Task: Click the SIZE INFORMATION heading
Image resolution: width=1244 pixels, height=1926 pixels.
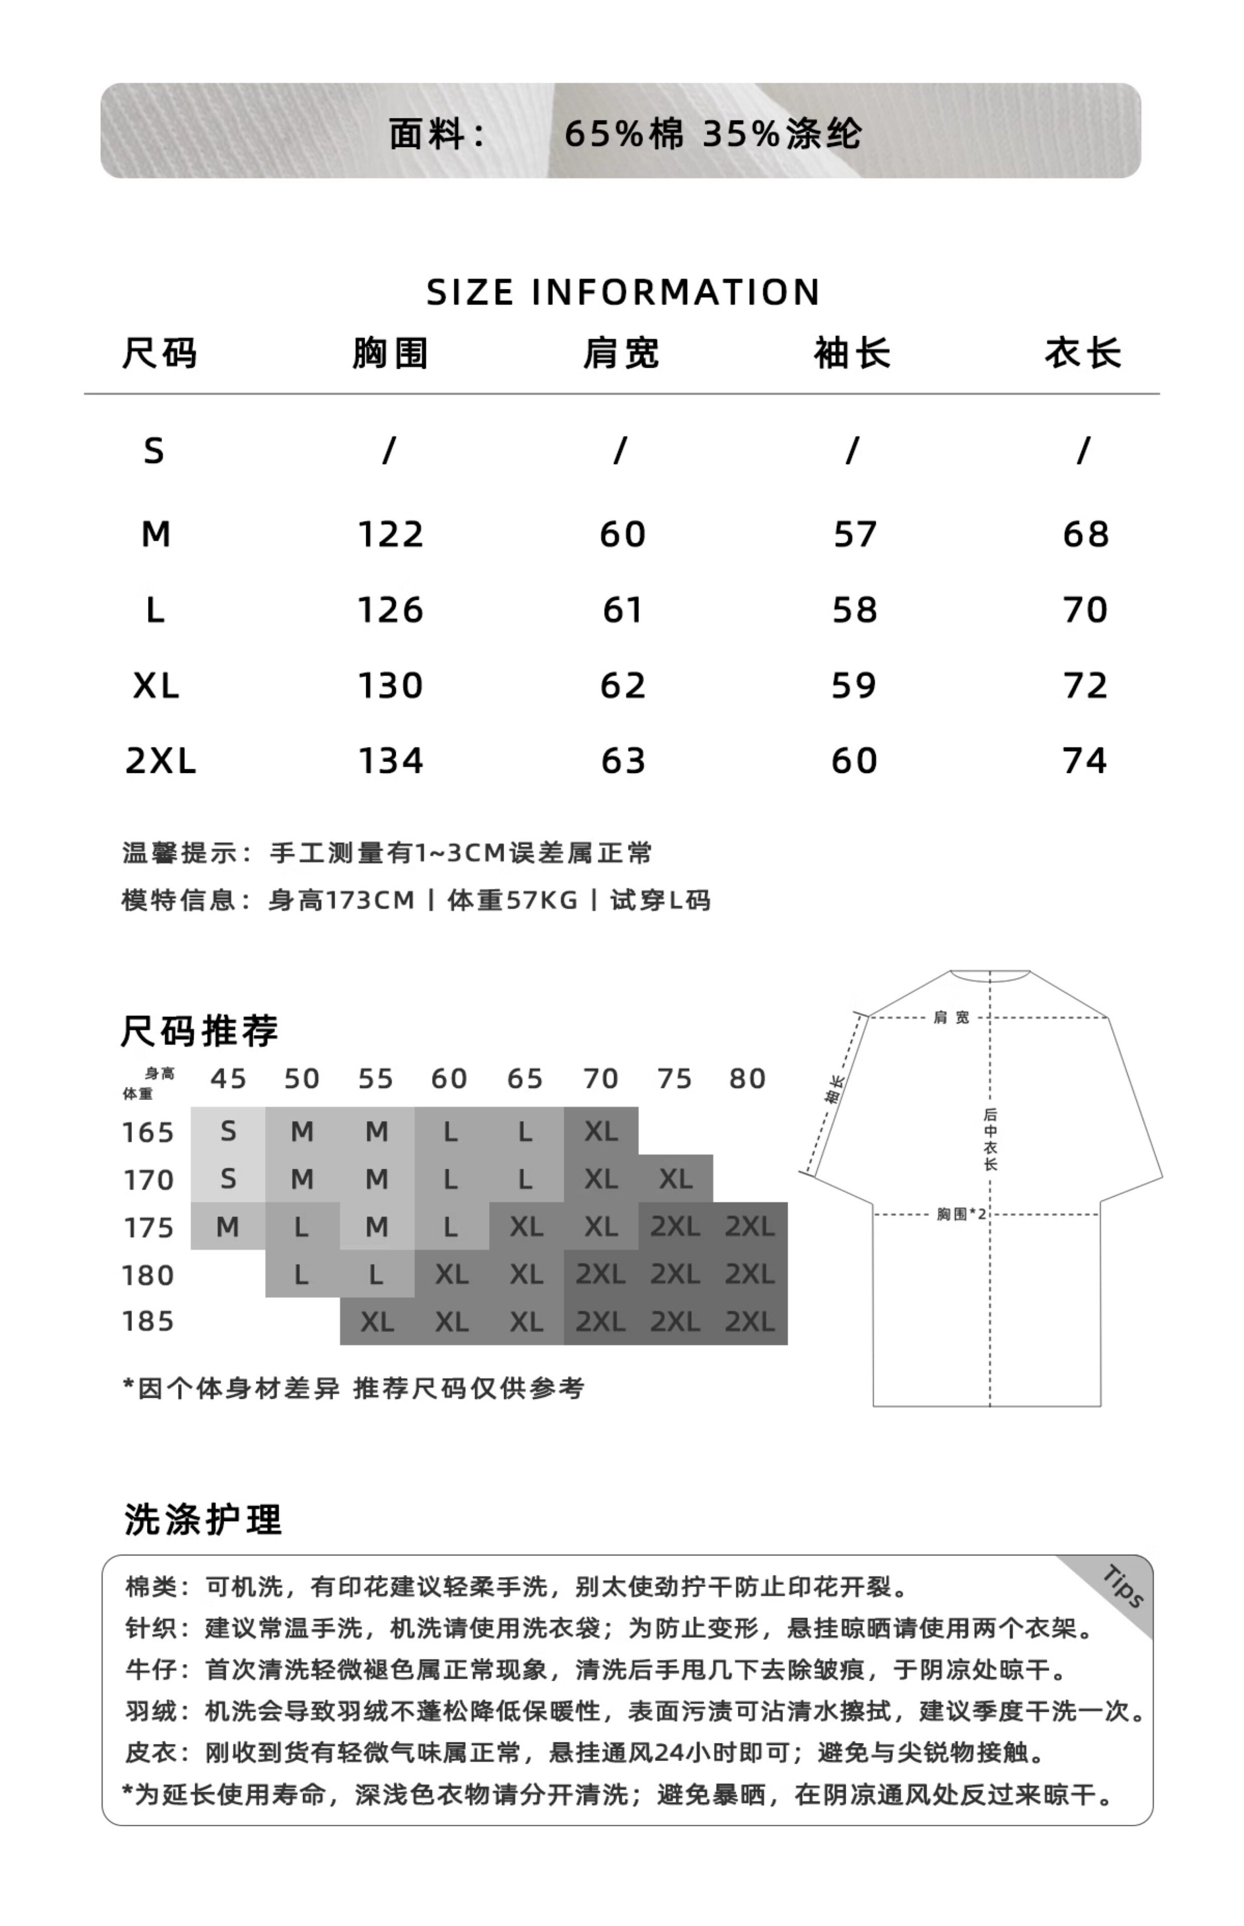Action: click(622, 292)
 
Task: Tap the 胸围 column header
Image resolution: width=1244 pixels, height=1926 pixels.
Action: click(390, 354)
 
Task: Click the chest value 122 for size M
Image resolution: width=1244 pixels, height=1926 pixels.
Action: click(390, 535)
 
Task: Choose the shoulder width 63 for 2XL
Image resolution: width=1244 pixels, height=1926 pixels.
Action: click(623, 761)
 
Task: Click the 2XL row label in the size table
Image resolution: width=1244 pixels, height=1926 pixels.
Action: click(160, 761)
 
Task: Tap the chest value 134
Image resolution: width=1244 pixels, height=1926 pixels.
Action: click(390, 761)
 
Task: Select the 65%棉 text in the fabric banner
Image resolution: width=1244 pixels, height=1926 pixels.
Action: click(623, 133)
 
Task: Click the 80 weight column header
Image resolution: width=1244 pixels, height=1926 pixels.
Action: click(747, 1079)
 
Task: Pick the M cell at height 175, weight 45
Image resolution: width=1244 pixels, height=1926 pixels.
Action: click(227, 1227)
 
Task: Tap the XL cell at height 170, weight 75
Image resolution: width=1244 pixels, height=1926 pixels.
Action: click(675, 1179)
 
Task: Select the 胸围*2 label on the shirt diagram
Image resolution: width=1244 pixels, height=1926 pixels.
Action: click(961, 1214)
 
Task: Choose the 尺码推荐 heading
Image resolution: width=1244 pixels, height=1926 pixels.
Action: click(200, 1031)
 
